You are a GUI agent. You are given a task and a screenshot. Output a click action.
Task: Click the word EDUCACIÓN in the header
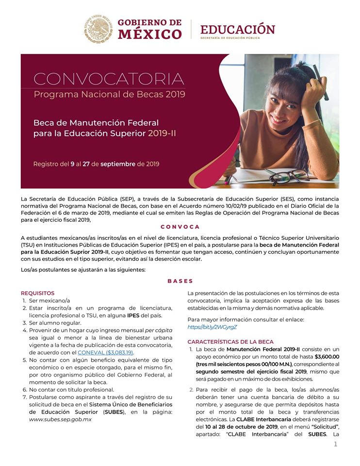237,29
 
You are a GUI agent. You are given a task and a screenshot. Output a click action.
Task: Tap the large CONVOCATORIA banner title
109,79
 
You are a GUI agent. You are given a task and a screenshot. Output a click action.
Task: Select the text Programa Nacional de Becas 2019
109,94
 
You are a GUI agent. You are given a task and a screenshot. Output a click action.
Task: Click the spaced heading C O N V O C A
180,227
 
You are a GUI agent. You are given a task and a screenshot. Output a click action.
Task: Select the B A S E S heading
180,281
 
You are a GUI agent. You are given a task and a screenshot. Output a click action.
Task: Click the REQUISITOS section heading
37,293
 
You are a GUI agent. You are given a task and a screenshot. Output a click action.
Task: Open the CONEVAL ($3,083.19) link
105,352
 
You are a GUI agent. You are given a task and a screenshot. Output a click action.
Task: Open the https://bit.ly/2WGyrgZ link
212,327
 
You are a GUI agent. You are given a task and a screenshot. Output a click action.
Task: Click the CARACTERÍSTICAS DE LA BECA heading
230,342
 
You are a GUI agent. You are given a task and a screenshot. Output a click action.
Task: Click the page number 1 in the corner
335,444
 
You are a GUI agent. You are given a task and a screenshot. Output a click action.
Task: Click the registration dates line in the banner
96,164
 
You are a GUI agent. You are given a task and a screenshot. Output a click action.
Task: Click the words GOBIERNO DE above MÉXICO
149,22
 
